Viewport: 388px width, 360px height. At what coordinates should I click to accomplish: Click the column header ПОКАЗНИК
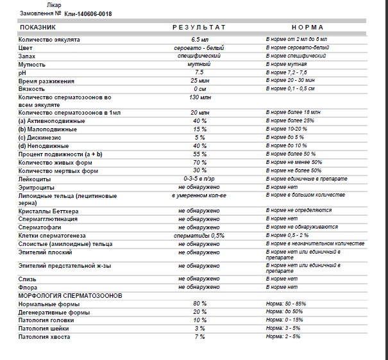pos(38,28)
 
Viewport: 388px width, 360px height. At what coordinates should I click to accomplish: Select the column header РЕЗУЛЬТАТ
pos(199,28)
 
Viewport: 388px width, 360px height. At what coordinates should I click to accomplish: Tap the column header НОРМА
pos(307,28)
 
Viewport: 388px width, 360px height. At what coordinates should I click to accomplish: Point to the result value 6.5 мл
pos(199,40)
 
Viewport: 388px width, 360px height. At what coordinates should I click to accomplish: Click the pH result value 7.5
pos(199,73)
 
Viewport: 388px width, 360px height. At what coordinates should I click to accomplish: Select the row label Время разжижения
pos(46,81)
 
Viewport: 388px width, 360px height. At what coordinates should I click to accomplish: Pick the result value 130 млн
pos(199,97)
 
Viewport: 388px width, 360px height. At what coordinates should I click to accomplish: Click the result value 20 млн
pos(199,113)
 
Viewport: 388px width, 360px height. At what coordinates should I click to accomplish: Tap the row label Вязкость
pos(31,89)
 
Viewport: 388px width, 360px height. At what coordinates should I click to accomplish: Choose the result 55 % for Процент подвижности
pos(199,154)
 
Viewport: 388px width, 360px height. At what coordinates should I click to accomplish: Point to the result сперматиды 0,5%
pos(199,236)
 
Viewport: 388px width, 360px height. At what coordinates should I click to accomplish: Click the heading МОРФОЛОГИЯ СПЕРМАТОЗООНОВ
pos(70,295)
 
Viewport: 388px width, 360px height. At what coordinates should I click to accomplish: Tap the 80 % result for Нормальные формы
pos(199,303)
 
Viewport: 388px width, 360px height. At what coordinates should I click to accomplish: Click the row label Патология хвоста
pos(44,336)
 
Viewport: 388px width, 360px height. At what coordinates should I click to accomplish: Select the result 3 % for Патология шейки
pos(199,328)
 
